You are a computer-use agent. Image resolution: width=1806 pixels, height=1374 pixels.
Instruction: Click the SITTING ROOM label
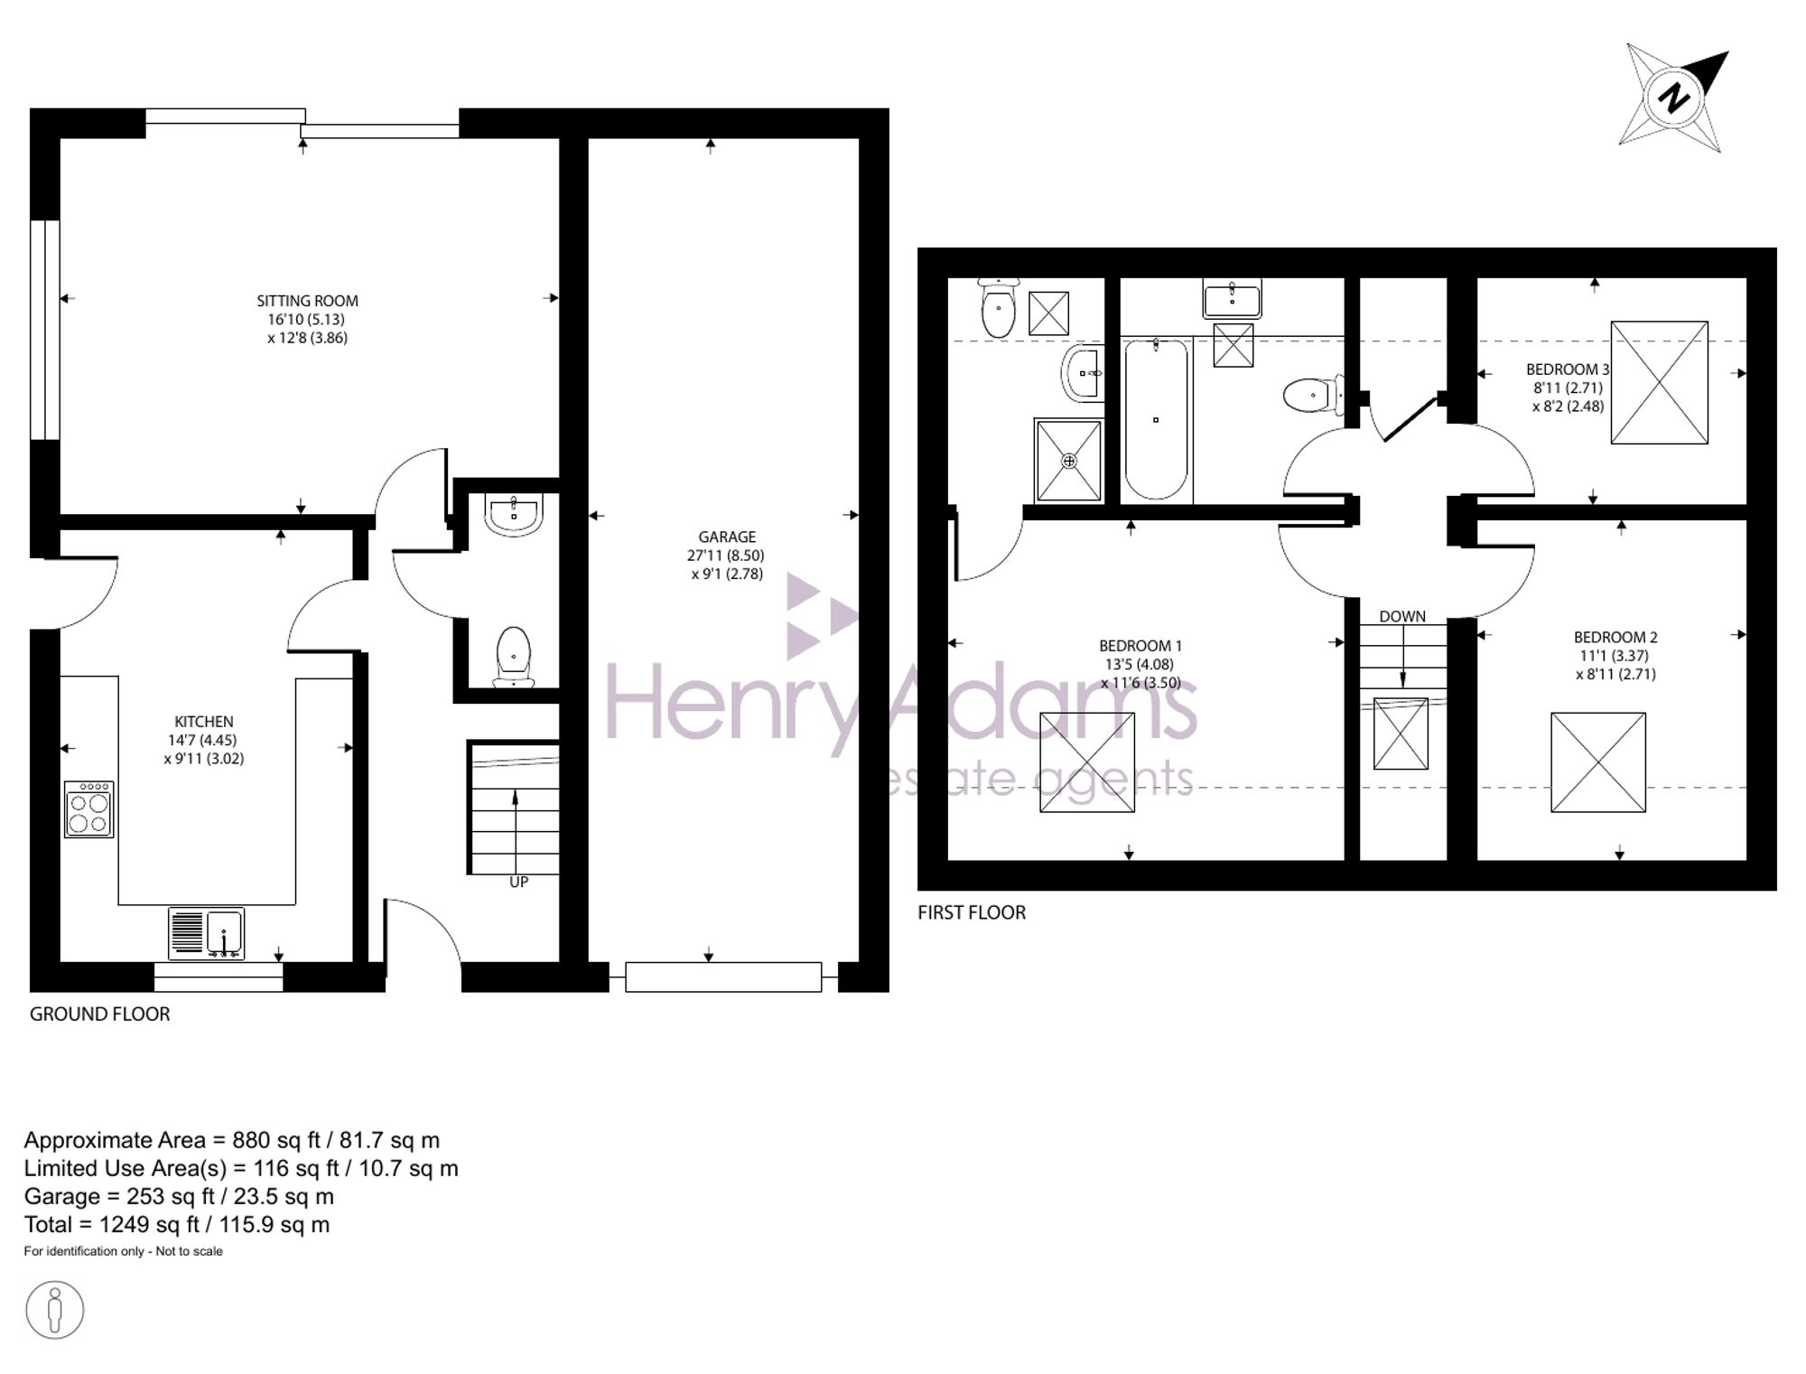click(x=307, y=301)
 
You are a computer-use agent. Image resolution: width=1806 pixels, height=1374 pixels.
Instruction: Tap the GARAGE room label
click(x=727, y=537)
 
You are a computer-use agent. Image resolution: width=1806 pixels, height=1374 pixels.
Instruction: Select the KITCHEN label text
click(x=204, y=721)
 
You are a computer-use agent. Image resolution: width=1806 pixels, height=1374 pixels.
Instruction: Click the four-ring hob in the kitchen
click(x=89, y=809)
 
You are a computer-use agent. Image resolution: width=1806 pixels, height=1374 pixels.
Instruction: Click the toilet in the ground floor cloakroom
click(x=513, y=656)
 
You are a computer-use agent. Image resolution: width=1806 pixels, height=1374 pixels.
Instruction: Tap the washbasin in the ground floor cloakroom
click(x=514, y=515)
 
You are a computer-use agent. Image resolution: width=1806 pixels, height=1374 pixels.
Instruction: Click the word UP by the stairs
click(x=518, y=882)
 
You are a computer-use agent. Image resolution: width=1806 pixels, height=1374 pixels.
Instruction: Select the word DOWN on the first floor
click(x=1402, y=616)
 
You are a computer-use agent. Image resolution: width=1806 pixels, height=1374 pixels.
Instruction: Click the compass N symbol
click(x=1675, y=98)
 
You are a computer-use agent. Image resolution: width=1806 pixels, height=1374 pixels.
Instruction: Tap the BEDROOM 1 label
click(x=1140, y=646)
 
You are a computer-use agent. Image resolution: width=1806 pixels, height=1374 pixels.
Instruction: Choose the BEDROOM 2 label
click(x=1615, y=637)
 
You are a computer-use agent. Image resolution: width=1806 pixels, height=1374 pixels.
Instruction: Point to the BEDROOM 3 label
click(x=1568, y=369)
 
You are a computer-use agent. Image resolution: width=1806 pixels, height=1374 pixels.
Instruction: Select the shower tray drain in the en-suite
click(x=1069, y=461)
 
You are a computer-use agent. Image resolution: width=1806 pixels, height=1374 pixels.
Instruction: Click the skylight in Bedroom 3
click(x=1660, y=382)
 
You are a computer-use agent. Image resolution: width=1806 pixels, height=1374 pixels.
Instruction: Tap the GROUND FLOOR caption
click(x=99, y=1014)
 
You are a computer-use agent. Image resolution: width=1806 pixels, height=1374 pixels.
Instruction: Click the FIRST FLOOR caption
click(x=972, y=912)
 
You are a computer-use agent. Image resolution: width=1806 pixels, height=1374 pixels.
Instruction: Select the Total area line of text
click(x=177, y=1224)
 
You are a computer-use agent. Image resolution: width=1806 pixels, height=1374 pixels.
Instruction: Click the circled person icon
click(x=55, y=1310)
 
